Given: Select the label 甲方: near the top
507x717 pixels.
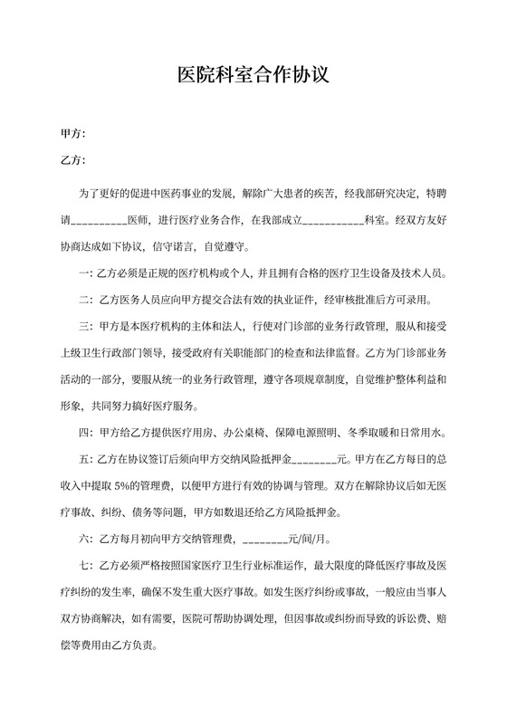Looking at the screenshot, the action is pos(72,133).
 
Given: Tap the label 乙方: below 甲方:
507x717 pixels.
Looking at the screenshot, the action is pos(72,160).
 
